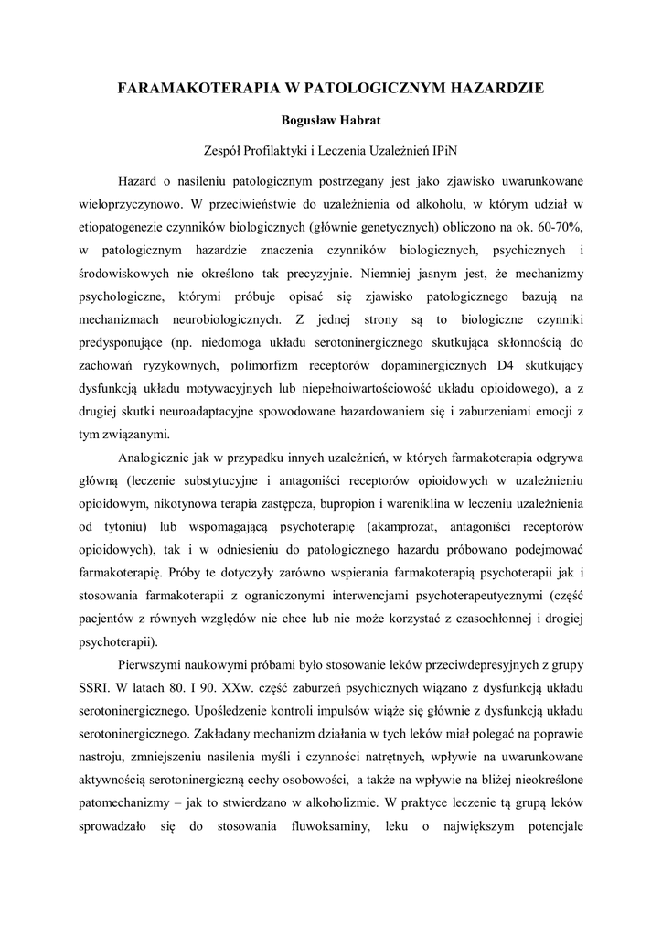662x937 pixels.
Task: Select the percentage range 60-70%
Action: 559,224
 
